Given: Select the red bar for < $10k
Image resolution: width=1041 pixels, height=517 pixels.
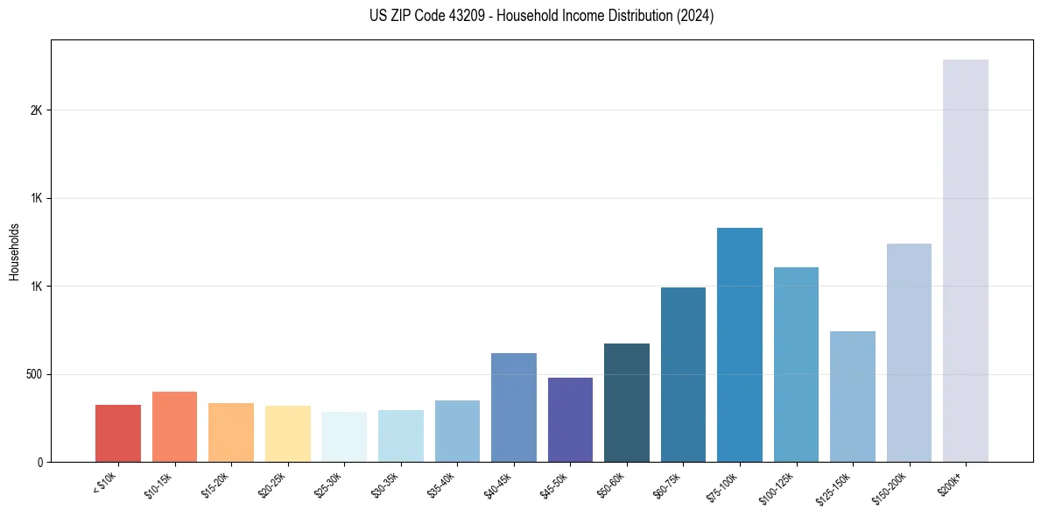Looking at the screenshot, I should point(118,433).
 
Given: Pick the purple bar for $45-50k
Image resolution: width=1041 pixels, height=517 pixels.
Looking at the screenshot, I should point(570,420).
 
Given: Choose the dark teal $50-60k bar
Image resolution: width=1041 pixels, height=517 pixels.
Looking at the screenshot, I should point(627,402).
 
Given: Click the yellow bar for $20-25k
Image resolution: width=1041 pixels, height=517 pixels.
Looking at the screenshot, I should point(287,434).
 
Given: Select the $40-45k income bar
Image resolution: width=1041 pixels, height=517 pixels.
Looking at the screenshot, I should point(514,407).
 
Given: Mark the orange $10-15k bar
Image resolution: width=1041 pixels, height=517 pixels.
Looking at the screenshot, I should point(174,427).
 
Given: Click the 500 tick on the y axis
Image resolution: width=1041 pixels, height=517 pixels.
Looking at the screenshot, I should point(34,374).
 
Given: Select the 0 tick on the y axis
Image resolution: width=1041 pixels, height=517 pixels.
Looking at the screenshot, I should point(40,462).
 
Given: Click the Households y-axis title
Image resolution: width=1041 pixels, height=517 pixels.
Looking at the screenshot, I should point(14,251).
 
